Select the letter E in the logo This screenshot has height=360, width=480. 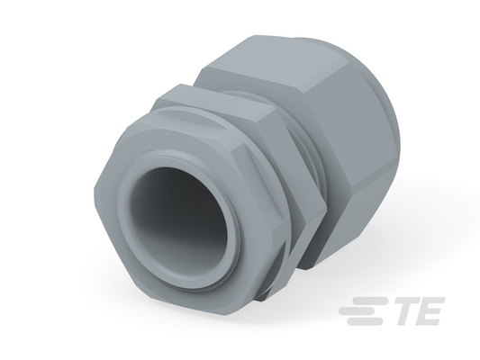click(x=431, y=311)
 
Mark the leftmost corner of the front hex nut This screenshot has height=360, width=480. click(x=94, y=190)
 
